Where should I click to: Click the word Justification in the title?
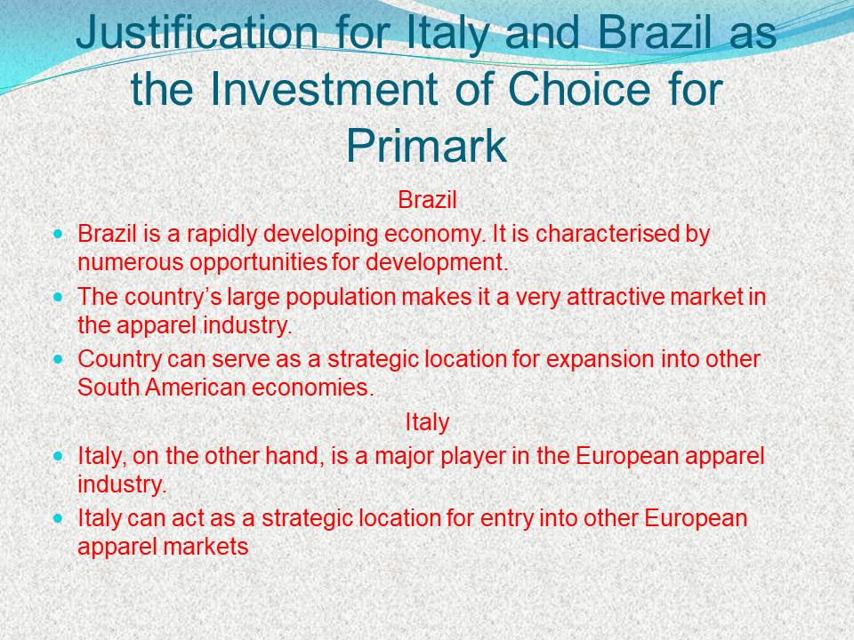click(196, 33)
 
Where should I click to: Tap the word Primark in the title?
click(426, 146)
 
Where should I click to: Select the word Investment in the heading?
click(324, 89)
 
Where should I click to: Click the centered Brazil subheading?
click(427, 200)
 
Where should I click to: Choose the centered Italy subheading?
click(427, 422)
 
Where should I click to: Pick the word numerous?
click(131, 263)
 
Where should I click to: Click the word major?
click(402, 457)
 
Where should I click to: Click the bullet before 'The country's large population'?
click(59, 297)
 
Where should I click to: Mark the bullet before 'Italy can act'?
click(59, 518)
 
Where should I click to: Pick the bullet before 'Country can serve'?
click(59, 360)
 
